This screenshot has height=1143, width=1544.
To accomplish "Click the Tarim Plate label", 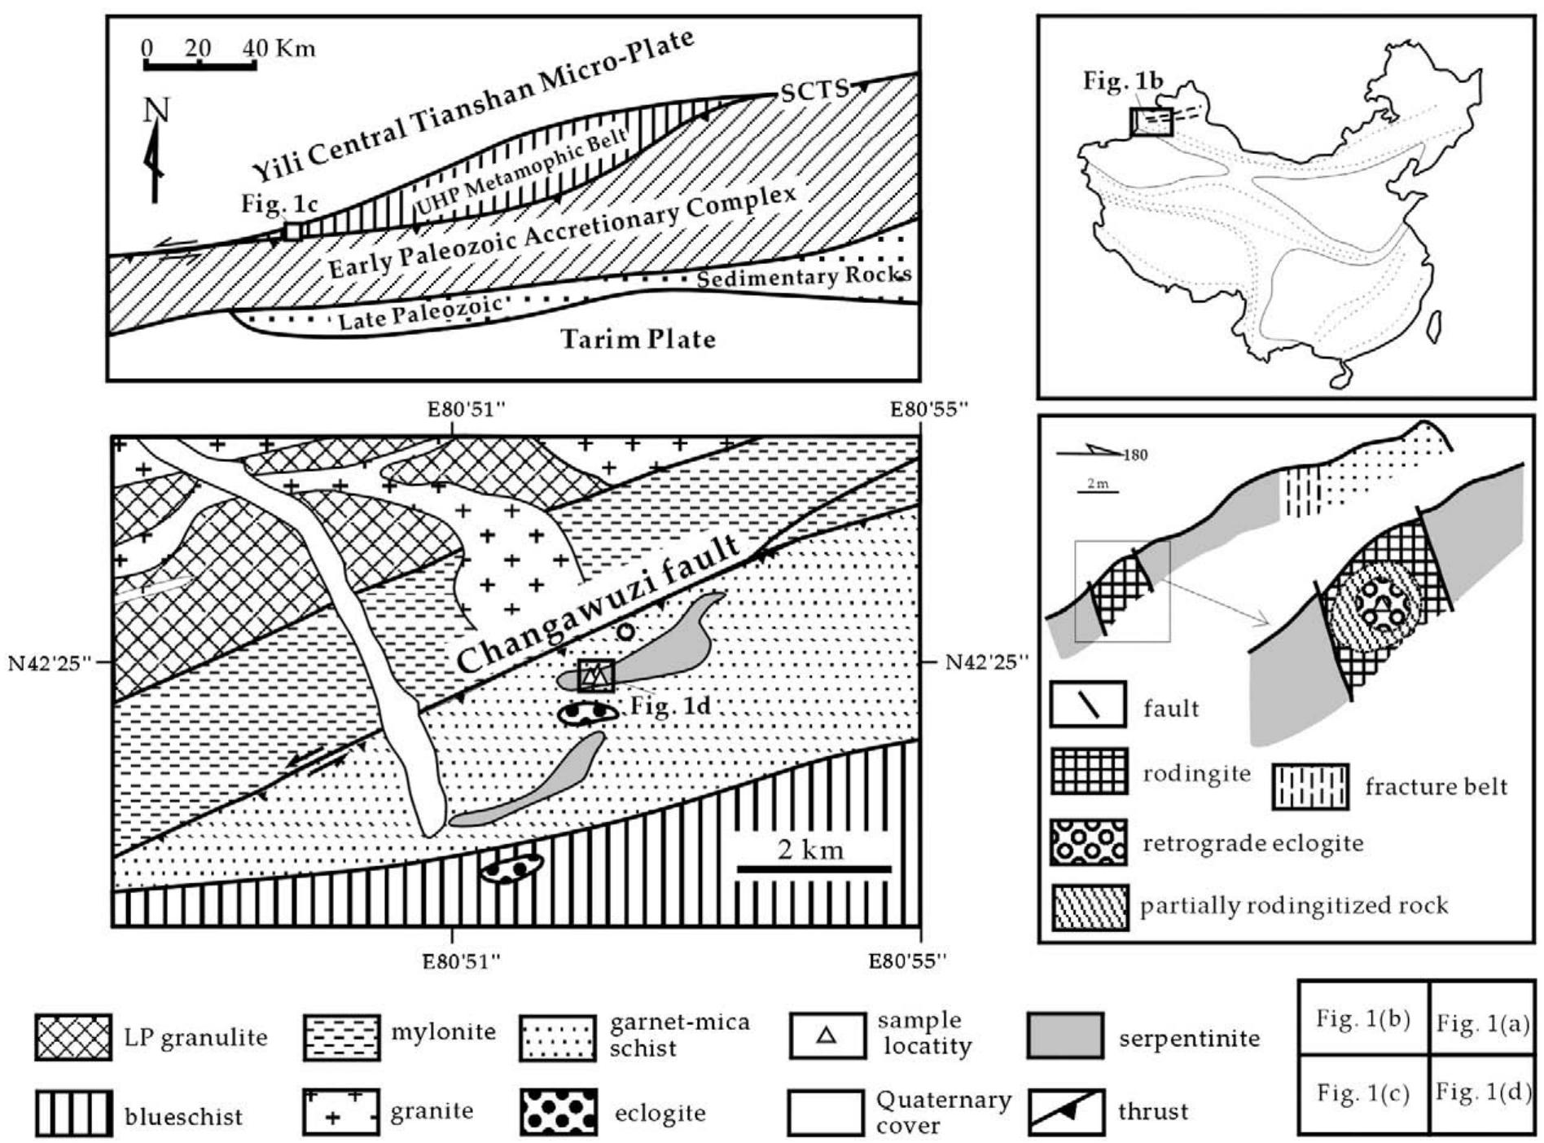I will pos(638,339).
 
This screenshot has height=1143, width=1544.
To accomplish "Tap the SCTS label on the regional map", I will pos(814,90).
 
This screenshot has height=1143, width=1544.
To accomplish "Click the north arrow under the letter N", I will pos(154,163).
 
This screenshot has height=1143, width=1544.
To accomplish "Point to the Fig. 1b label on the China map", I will pos(1122,81).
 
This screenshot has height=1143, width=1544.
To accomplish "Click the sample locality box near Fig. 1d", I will pos(595,675).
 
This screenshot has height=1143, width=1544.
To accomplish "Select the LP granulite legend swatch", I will pos(73,1037).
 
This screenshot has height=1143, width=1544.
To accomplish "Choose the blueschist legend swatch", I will pos(73,1114).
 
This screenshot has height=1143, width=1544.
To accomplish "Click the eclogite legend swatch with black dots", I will pos(558,1112).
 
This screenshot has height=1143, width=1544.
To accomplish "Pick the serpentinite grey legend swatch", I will pos(1065,1036).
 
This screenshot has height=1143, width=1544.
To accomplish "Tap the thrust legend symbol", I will pos(1066,1112).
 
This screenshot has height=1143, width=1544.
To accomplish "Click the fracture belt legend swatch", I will pos(1310,786).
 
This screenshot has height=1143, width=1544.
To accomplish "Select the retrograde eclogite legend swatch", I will pos(1089,842).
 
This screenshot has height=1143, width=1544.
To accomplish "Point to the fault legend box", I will pos(1088,705).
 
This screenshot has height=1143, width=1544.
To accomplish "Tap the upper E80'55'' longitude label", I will pos(928,408).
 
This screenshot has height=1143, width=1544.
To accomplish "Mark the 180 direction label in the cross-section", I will pos(1134,455).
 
